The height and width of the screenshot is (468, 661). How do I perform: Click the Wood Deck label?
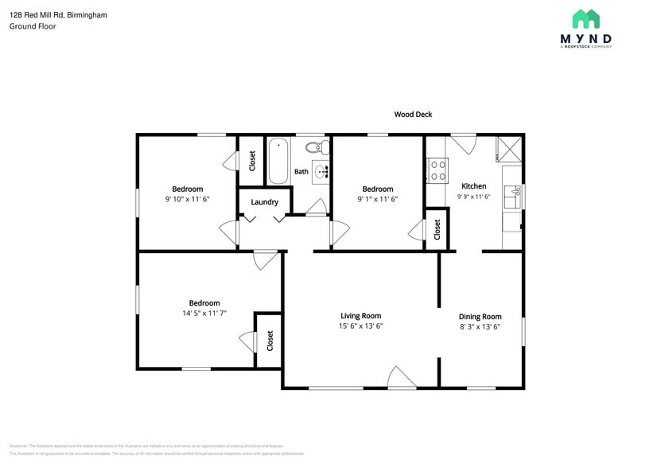413,115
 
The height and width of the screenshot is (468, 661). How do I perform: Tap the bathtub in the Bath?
278,160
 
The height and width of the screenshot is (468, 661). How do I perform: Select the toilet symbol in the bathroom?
317,147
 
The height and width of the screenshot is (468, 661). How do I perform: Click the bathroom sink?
321,171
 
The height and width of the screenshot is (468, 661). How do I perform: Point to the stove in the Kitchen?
437,171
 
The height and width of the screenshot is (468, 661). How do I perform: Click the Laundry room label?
264,202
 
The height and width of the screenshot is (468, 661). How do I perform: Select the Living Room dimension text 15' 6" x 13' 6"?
361,326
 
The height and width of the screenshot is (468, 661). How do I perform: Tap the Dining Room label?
480,316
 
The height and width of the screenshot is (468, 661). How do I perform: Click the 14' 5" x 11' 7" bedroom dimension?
204,314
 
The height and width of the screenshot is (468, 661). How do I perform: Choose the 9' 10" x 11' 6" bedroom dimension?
188,200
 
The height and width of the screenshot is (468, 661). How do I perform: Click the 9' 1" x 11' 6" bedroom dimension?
378,200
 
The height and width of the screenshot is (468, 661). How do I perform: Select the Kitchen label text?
473,186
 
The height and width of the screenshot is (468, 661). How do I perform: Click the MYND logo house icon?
586,19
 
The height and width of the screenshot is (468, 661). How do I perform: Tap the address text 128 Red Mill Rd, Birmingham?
58,14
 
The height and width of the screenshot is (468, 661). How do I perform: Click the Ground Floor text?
33,26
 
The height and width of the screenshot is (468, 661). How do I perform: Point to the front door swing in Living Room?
402,378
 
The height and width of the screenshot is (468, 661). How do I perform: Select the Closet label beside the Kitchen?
437,229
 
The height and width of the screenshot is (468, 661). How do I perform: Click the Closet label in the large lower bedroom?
270,341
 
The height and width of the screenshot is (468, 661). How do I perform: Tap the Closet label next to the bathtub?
252,160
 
